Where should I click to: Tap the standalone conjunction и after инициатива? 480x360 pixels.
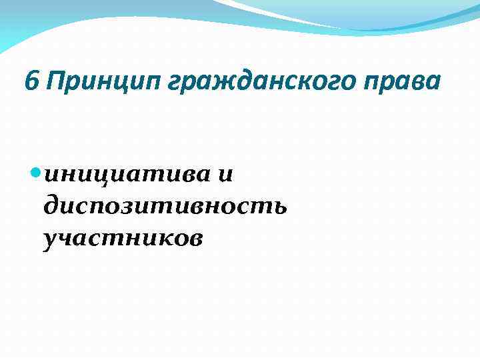tap(225, 175)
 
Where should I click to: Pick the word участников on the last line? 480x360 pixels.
tap(122, 237)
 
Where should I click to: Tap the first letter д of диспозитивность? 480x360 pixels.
tap(52, 207)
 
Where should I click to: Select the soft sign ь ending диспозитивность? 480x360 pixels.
tap(279, 206)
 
